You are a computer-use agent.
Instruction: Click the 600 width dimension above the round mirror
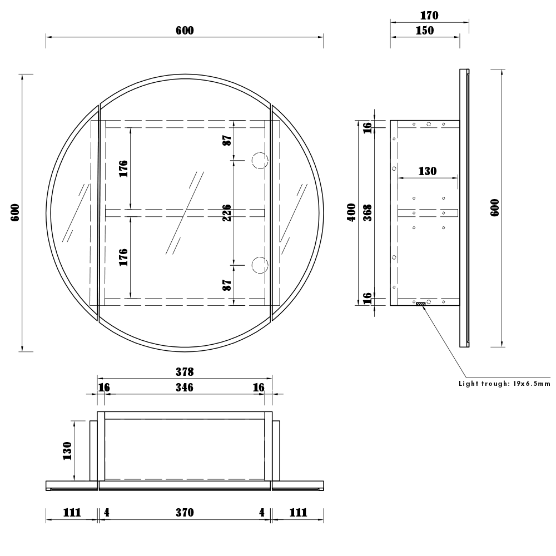(185, 31)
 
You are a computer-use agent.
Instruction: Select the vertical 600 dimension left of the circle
(15, 212)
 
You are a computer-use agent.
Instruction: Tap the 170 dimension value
(429, 16)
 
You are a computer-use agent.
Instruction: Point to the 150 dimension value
(425, 31)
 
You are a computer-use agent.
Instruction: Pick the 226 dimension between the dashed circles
(227, 212)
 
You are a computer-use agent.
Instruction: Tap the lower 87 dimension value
(227, 285)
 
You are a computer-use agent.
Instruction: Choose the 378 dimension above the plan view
(185, 371)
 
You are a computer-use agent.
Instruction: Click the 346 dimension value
(185, 388)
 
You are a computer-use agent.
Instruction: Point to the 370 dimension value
(185, 513)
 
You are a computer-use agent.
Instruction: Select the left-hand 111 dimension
(72, 513)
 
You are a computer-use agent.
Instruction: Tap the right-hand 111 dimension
(298, 513)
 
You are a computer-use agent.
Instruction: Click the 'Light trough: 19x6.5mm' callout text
(504, 384)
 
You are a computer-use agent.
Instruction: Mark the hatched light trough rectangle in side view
(421, 304)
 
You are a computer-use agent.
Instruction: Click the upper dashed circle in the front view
(259, 161)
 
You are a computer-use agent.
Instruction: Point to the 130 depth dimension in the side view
(427, 171)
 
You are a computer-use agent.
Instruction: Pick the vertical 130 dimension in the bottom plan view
(67, 450)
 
